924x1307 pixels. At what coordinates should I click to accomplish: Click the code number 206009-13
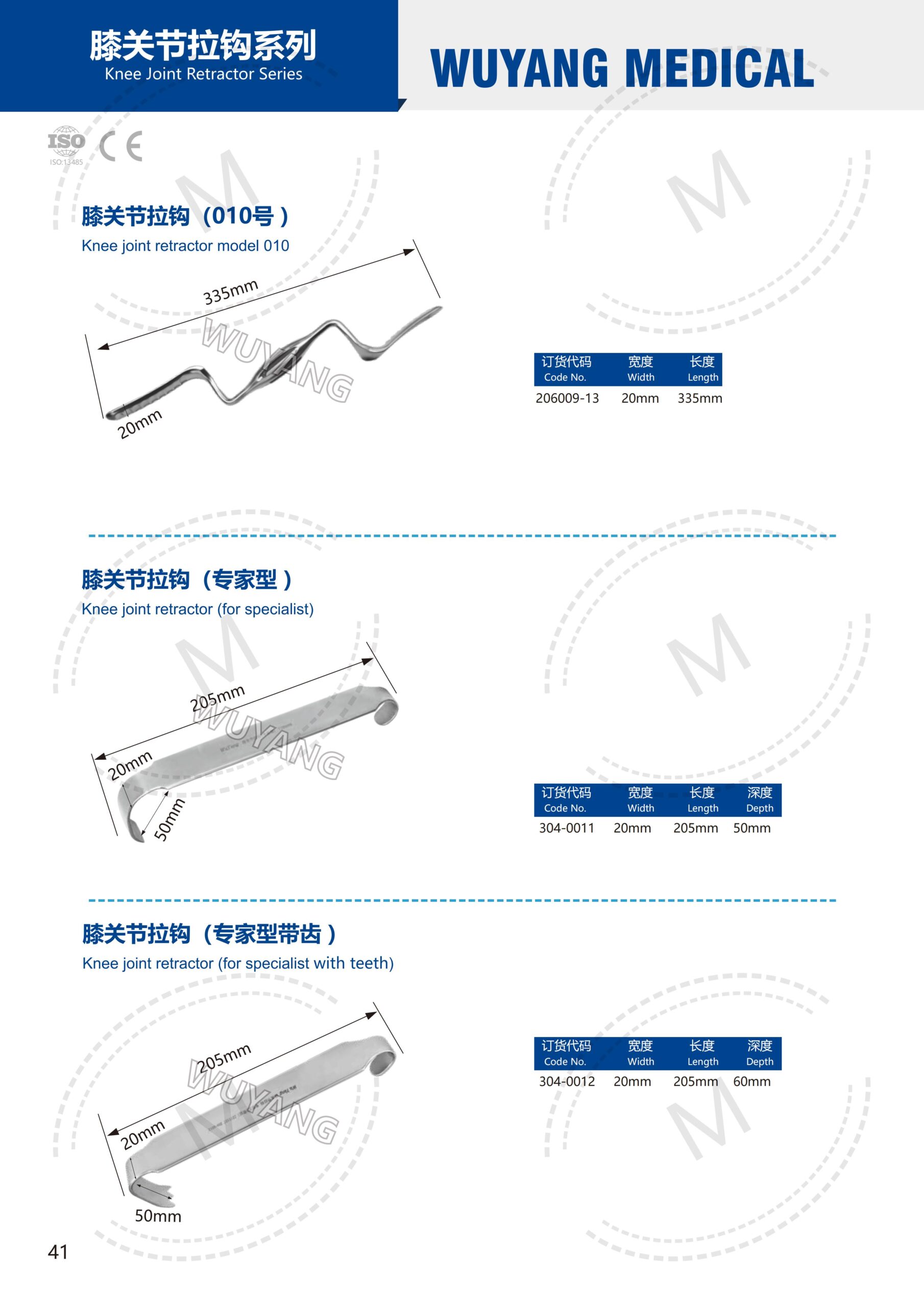pyautogui.click(x=567, y=398)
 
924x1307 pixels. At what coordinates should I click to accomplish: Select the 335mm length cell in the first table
pyautogui.click(x=700, y=398)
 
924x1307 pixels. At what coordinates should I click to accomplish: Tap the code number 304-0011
pyautogui.click(x=567, y=828)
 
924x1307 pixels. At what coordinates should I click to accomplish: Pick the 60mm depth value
pyautogui.click(x=751, y=1081)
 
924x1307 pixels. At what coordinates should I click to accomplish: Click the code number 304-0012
pyautogui.click(x=567, y=1081)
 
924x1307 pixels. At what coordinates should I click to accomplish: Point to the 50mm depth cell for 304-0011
pyautogui.click(x=751, y=828)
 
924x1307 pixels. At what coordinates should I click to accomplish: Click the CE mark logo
pyautogui.click(x=120, y=147)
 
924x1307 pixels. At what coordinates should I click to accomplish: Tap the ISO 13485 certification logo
pyautogui.click(x=66, y=146)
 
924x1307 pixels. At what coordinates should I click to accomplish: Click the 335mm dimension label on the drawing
pyautogui.click(x=231, y=292)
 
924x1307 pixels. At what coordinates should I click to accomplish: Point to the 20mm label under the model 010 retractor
pyautogui.click(x=140, y=424)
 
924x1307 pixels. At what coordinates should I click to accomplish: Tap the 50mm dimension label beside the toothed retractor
pyautogui.click(x=158, y=1216)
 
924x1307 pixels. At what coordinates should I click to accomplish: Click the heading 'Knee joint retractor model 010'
pyautogui.click(x=185, y=246)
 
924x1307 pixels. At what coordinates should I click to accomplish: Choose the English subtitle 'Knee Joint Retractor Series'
pyautogui.click(x=203, y=74)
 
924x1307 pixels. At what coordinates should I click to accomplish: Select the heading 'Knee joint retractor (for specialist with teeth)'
pyautogui.click(x=238, y=963)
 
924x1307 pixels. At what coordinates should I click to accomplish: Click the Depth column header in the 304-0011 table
pyautogui.click(x=760, y=800)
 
